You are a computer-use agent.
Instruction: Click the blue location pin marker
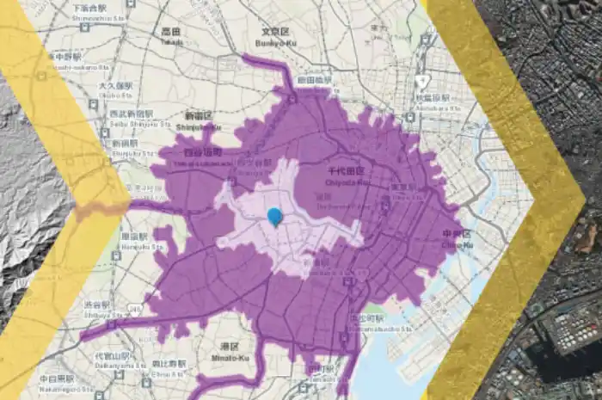[275, 216]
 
